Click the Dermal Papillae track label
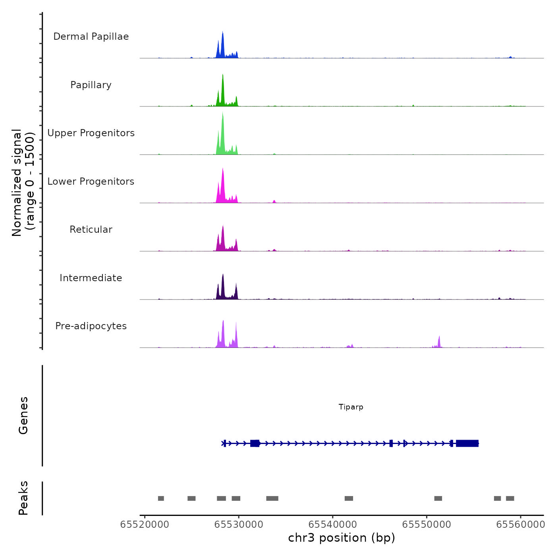[x=91, y=37]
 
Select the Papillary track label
[x=91, y=85]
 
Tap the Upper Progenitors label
[x=91, y=133]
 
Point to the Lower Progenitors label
[x=91, y=181]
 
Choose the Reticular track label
[x=91, y=230]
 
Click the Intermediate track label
[x=91, y=278]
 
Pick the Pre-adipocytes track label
[x=91, y=326]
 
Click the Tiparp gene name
[x=351, y=407]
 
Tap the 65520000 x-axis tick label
[x=145, y=525]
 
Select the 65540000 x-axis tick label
[x=333, y=525]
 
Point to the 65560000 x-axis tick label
[x=521, y=525]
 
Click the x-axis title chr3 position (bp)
[x=342, y=538]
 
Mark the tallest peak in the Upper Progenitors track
[x=223, y=119]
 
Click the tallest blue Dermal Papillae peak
[x=223, y=38]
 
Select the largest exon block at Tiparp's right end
[x=467, y=443]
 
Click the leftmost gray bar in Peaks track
[x=161, y=498]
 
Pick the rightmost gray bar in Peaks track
[x=510, y=498]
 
